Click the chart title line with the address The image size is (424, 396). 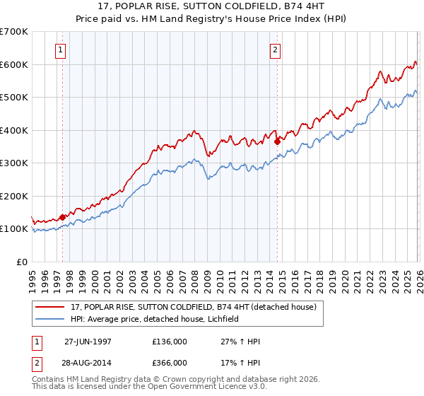click(211, 6)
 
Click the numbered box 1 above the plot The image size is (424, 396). click(61, 50)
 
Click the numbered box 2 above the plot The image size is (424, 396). click(274, 50)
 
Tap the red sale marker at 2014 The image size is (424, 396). click(277, 141)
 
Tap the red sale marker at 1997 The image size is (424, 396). click(63, 217)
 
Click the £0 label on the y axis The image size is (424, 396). click(21, 262)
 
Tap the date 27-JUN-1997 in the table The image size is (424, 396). click(88, 342)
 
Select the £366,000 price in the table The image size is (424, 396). click(170, 362)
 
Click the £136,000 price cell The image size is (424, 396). click(170, 342)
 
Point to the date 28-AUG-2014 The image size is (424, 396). click(88, 362)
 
